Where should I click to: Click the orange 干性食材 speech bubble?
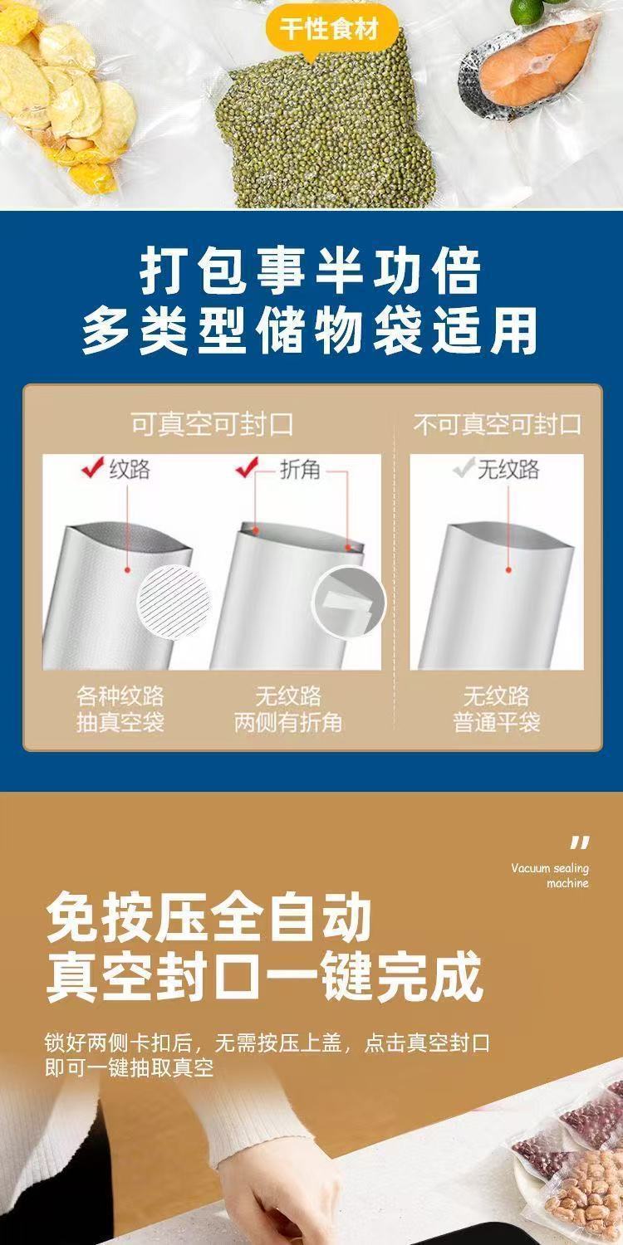pos(327,30)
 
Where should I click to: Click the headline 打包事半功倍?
pos(311,271)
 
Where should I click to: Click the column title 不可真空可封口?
pos(497,425)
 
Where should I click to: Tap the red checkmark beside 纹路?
pos(91,468)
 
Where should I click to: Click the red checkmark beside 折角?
pos(247,468)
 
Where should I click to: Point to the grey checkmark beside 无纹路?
pos(462,468)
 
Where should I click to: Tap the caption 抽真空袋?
pos(120,722)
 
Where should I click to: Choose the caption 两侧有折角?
pos(288,722)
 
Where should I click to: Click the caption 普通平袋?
pos(497,722)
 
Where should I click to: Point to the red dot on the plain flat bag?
pos(508,570)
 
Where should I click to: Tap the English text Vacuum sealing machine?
pos(550,876)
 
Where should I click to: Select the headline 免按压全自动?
pos(208,917)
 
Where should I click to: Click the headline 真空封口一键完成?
pos(264,978)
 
